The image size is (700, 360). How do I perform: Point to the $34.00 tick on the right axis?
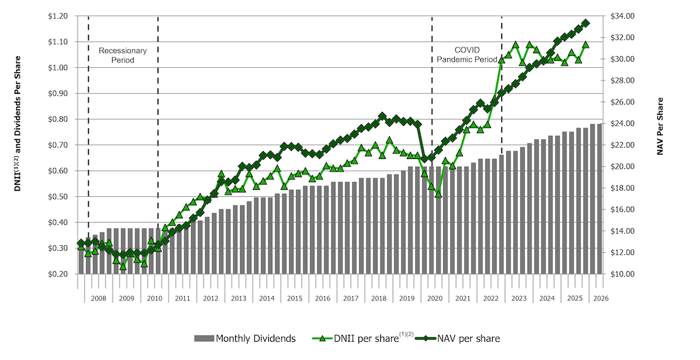coord(620,15)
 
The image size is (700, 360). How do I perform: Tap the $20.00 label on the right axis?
coord(620,167)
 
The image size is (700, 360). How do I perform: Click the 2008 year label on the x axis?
coord(98,298)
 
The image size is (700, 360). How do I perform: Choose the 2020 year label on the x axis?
coord(434,298)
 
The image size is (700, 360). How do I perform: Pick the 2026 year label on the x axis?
coord(599,298)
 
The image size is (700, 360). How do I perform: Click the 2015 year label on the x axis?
coord(294,298)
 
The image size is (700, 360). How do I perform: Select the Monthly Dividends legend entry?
coord(245,339)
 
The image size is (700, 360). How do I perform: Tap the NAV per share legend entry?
coord(465,339)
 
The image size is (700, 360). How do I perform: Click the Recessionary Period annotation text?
coord(122,55)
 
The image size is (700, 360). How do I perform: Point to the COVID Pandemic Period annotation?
coord(466,55)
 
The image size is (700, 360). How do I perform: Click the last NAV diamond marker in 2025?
coord(586,23)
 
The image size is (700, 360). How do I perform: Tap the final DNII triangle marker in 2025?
coord(586,44)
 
